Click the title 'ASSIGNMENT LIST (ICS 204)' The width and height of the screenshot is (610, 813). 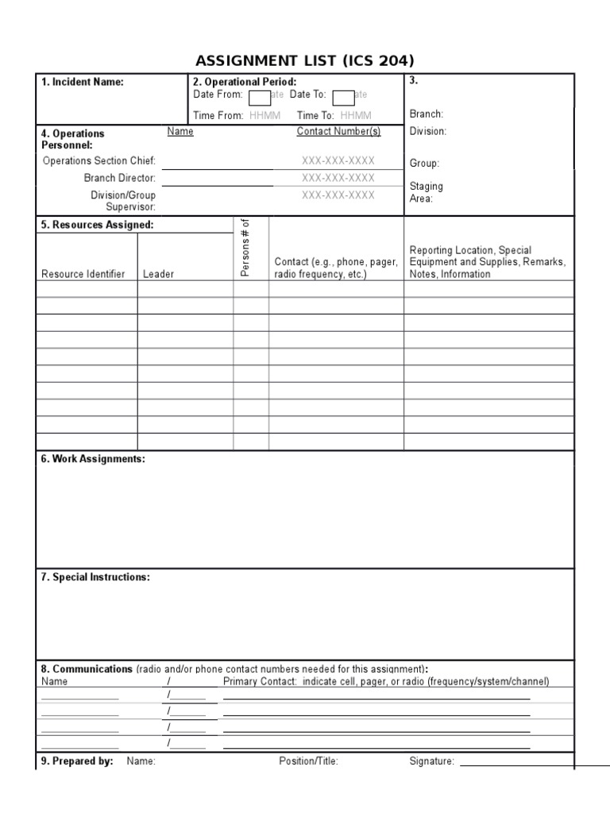(305, 61)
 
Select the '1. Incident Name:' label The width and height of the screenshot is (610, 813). (82, 83)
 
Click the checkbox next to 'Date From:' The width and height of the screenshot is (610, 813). (259, 97)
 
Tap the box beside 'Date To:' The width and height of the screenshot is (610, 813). (342, 97)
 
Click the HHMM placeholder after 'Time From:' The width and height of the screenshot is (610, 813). (264, 115)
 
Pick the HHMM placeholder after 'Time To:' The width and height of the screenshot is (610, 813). (356, 115)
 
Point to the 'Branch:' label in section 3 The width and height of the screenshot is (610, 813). (427, 114)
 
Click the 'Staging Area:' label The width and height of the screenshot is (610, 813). (426, 193)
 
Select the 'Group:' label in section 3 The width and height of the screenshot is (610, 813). (424, 163)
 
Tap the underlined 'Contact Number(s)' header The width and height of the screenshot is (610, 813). (338, 132)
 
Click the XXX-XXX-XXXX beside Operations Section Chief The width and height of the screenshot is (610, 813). (338, 160)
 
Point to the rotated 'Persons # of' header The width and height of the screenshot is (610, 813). (246, 248)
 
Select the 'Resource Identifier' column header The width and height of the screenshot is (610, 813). (83, 274)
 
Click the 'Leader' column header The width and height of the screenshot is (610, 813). (158, 274)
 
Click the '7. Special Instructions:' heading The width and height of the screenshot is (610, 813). (95, 577)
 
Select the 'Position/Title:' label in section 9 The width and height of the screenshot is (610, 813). (308, 761)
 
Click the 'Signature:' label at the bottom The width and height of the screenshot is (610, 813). (431, 761)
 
